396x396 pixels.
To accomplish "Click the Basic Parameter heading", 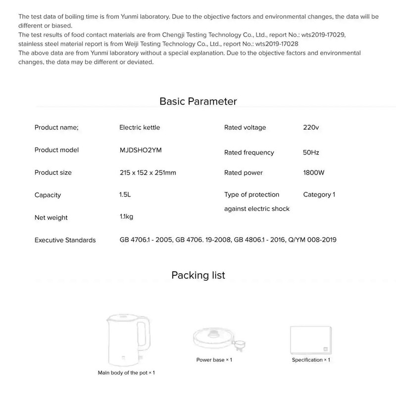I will [x=198, y=101].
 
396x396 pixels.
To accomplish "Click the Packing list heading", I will [x=198, y=275].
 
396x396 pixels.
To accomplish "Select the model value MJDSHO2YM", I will [x=141, y=150].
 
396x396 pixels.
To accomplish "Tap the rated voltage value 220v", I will [x=311, y=127].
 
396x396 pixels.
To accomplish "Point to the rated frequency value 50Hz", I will [x=312, y=152].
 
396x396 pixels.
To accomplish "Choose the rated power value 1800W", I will [x=313, y=173].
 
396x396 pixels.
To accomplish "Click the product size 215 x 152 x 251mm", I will [x=148, y=173].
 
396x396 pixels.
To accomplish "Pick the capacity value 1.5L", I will [x=125, y=195].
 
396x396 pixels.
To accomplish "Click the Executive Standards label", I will [x=65, y=240].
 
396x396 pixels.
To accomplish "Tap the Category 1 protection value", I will [x=319, y=195].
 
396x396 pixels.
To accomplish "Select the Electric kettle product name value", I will [x=140, y=127].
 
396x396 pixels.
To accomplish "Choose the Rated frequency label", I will [x=249, y=152].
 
